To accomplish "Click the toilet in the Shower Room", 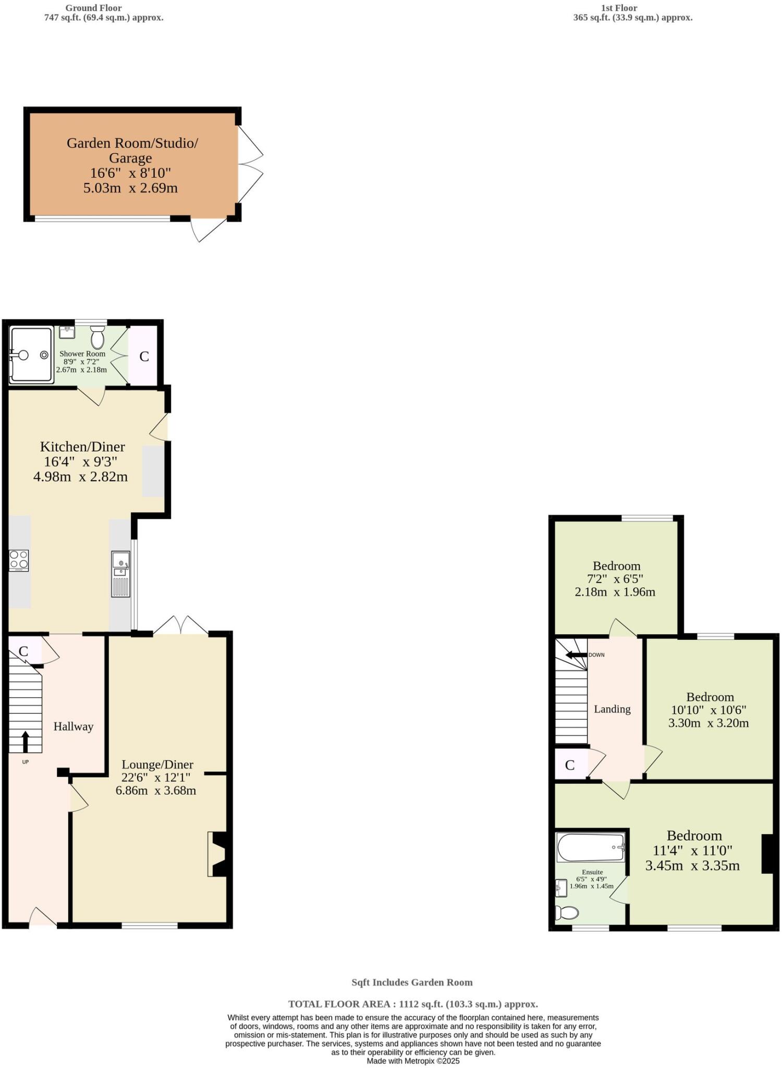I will [97, 338].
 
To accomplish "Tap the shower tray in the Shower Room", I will [31, 355].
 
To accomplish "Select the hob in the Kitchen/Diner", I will [19, 561].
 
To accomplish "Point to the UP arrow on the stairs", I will [25, 741].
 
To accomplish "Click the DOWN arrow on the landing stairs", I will [576, 655].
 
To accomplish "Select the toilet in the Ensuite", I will [567, 913].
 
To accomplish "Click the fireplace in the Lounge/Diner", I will [217, 854].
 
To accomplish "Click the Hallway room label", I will [74, 726].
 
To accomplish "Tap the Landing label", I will [612, 709].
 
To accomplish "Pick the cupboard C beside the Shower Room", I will [144, 356].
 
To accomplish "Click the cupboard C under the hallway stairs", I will [23, 651].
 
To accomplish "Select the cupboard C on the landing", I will [570, 765].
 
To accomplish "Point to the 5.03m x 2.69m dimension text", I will [130, 188].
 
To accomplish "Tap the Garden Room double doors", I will [250, 164].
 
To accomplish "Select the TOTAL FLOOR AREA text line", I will [413, 1004].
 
